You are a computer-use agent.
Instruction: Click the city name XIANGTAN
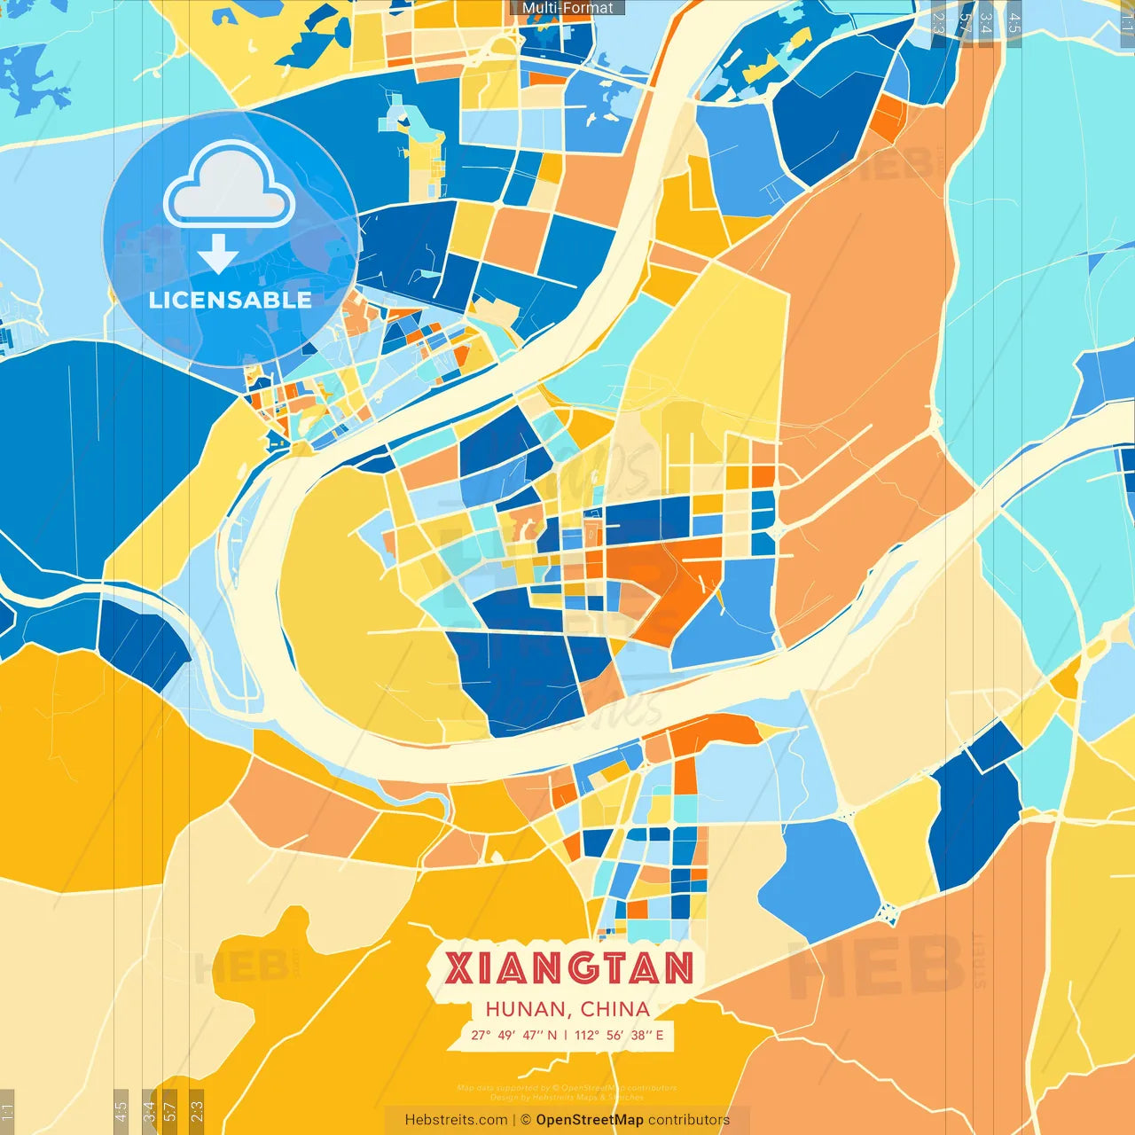click(x=568, y=968)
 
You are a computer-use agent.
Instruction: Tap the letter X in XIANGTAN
click(x=459, y=968)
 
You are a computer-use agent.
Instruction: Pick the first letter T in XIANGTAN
click(x=614, y=968)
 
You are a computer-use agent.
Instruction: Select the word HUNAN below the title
click(x=527, y=1009)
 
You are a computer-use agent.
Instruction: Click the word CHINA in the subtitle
click(x=615, y=1009)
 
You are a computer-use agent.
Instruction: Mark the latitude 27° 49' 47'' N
click(x=514, y=1035)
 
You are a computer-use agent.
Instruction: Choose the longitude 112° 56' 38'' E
click(x=619, y=1035)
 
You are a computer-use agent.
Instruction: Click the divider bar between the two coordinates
click(x=566, y=1035)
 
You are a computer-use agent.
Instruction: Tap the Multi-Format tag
click(x=567, y=8)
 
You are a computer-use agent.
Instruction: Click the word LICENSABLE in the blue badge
click(x=231, y=301)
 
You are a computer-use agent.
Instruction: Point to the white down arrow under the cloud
click(x=218, y=254)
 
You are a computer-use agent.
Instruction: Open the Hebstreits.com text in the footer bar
click(x=456, y=1120)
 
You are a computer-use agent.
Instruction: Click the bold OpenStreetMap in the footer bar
click(x=590, y=1120)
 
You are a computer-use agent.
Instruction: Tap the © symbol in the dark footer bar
click(x=526, y=1120)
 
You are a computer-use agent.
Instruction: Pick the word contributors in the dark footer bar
click(x=689, y=1120)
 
